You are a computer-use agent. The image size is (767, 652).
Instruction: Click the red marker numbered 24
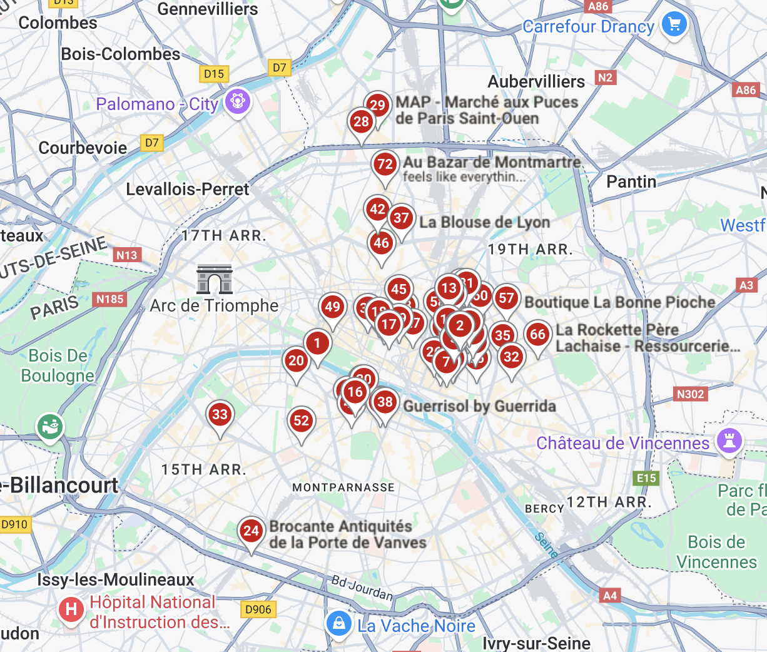click(251, 531)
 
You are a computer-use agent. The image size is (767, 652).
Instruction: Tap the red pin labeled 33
click(220, 414)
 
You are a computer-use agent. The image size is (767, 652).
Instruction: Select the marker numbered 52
click(302, 420)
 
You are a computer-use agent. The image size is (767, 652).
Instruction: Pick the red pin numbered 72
click(385, 165)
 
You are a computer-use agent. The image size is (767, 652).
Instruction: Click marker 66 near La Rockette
click(537, 334)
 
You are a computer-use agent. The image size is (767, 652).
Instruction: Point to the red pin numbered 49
click(332, 307)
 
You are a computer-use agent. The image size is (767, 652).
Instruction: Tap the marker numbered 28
click(361, 121)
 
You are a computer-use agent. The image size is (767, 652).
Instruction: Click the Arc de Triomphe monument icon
click(215, 279)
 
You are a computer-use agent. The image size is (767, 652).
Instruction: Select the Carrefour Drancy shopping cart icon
click(674, 25)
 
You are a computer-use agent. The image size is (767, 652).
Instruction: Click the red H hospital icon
click(71, 609)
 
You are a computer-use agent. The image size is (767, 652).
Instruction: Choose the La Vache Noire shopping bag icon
click(338, 623)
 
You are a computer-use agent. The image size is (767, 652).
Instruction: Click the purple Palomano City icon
click(237, 100)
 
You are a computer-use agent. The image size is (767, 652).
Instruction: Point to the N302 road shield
click(690, 394)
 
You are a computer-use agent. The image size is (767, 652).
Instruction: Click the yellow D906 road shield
click(258, 609)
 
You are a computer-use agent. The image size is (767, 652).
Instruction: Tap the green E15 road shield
click(646, 479)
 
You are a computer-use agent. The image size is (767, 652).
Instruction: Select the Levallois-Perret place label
click(187, 189)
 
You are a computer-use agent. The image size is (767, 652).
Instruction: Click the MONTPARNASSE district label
click(343, 487)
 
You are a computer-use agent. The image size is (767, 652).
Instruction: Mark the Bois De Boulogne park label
click(58, 365)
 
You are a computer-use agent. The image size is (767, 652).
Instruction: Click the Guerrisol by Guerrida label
click(479, 406)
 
